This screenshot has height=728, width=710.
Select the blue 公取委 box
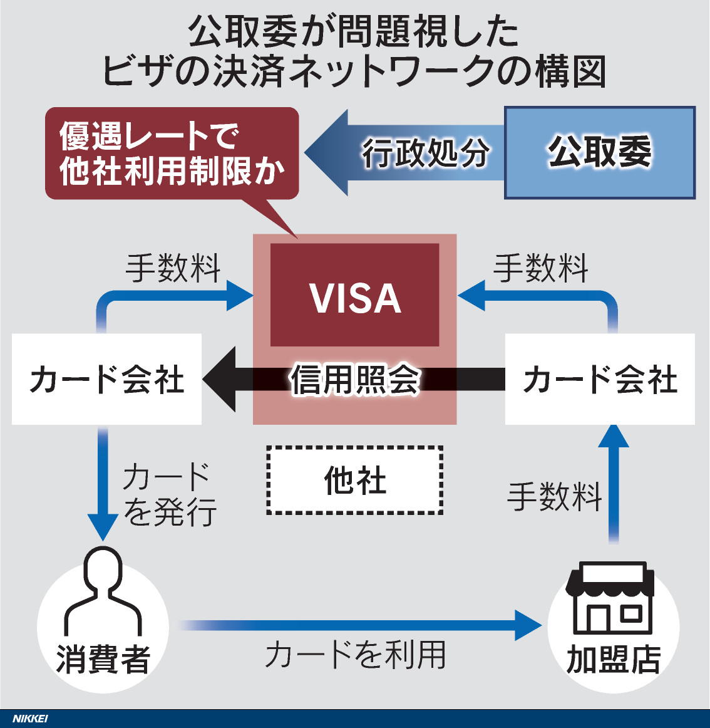[x=599, y=152]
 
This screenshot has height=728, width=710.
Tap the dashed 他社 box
[x=354, y=481]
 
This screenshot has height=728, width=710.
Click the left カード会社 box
[x=106, y=380]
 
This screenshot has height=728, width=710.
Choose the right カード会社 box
[x=599, y=380]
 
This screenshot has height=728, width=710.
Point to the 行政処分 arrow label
[x=425, y=153]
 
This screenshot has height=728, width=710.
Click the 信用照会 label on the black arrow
[x=354, y=380]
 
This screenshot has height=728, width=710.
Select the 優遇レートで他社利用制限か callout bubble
[x=172, y=154]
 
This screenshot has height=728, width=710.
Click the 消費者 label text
[x=103, y=659]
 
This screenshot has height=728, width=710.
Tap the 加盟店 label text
[x=613, y=659]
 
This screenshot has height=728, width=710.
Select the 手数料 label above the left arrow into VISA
[x=173, y=269]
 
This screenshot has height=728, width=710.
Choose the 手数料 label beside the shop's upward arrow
[x=554, y=497]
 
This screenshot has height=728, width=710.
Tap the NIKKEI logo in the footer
[x=30, y=719]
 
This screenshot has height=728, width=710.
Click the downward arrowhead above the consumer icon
[x=103, y=526]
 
